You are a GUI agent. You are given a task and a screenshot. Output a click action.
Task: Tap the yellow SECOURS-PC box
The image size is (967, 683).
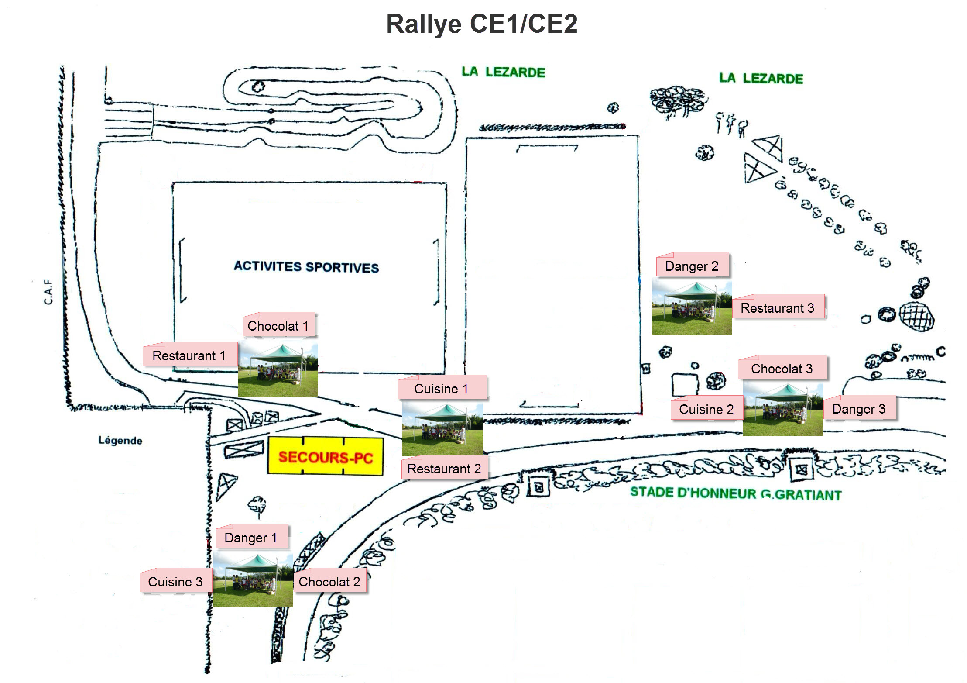[x=325, y=456]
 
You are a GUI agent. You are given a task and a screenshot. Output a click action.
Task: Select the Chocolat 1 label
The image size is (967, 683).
[x=278, y=325]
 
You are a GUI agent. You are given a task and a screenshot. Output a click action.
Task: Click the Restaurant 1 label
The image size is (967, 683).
[x=189, y=355]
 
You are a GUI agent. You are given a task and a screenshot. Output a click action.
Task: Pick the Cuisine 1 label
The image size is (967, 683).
[x=442, y=388]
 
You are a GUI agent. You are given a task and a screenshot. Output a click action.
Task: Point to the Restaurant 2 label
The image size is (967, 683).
[x=444, y=468]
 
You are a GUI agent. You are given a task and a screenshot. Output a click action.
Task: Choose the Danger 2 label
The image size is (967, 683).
[x=692, y=266]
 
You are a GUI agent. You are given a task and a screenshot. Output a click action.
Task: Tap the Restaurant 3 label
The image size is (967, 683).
[x=778, y=307]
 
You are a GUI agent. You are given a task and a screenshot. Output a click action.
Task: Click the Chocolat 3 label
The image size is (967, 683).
[x=782, y=368]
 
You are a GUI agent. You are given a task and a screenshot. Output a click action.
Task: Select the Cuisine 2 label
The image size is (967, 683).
[x=706, y=409]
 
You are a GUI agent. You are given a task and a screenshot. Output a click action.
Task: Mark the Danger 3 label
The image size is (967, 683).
[x=859, y=408]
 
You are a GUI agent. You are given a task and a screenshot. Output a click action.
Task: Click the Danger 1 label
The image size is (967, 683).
[x=251, y=537]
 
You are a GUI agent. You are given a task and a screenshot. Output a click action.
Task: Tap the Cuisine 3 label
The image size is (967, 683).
[x=175, y=581]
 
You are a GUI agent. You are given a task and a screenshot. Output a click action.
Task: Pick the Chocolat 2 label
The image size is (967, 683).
[x=329, y=581]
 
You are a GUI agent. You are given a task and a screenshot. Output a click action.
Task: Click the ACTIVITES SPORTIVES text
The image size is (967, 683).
[x=306, y=266]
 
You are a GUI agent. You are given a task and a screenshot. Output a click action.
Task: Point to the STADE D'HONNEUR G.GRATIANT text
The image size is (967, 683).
[x=736, y=493]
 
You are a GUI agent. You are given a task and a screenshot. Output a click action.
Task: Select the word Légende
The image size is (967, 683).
[x=120, y=440]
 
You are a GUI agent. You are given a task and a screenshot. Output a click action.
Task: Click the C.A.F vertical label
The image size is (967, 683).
[x=48, y=292]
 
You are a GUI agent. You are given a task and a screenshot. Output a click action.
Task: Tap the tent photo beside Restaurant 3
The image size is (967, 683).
[x=692, y=307]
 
